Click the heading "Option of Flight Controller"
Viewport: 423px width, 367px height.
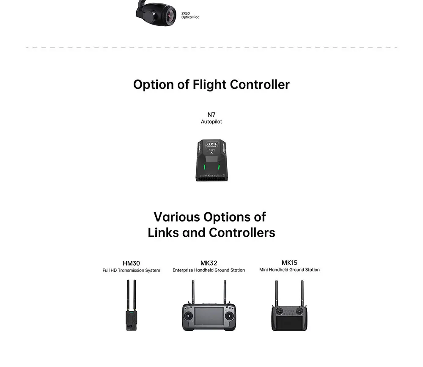[211, 85]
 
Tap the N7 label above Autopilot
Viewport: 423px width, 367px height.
[211, 115]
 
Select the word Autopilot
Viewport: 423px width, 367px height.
[211, 122]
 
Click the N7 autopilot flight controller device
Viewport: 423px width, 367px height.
[211, 161]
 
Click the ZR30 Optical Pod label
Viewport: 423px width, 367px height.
[190, 16]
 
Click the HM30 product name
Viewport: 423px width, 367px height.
[131, 263]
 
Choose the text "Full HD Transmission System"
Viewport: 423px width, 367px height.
[131, 271]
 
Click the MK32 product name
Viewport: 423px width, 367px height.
[209, 263]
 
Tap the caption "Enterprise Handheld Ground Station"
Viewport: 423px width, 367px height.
[209, 270]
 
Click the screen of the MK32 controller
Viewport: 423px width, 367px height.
[209, 316]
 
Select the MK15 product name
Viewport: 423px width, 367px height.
[289, 263]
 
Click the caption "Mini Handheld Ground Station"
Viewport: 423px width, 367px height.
[289, 270]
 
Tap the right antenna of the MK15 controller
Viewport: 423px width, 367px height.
[302, 292]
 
